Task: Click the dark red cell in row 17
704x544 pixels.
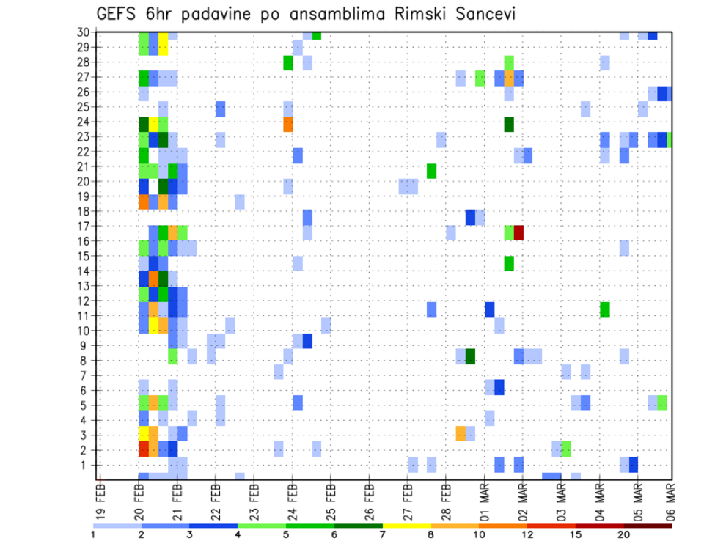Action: point(518,232)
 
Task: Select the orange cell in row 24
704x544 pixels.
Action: point(288,124)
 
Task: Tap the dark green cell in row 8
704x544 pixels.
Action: point(470,356)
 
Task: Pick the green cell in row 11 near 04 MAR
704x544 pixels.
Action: point(604,309)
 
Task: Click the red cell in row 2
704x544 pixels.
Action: point(144,449)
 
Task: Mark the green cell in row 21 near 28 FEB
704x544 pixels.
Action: point(432,171)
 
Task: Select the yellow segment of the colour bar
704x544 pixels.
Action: point(407,526)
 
